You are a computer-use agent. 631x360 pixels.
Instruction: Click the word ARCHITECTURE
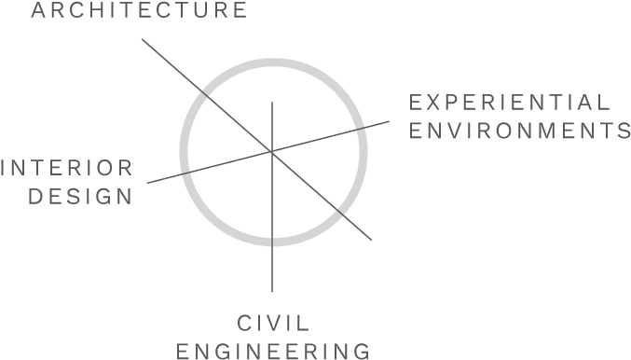(139, 11)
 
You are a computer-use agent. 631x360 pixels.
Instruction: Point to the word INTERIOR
(66, 168)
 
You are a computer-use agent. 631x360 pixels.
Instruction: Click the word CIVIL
(272, 325)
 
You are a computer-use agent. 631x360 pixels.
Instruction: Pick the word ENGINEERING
(272, 352)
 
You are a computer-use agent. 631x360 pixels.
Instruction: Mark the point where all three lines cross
(272, 151)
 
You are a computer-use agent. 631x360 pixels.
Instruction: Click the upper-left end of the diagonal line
(142, 39)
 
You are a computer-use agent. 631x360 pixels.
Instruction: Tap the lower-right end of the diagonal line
(372, 240)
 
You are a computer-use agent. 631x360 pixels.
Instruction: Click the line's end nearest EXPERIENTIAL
(390, 121)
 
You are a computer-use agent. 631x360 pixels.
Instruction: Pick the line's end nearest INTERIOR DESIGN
(147, 183)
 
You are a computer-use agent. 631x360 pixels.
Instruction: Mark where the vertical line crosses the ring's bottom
(272, 239)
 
